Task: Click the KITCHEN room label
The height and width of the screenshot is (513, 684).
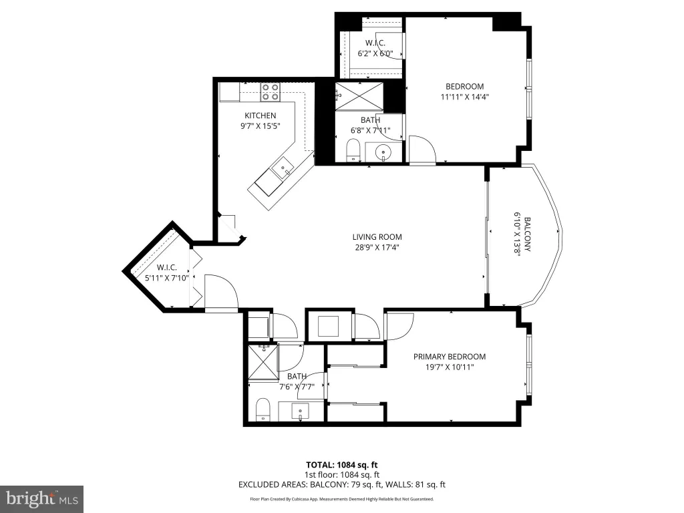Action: (x=260, y=116)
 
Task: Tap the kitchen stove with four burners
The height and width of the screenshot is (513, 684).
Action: (x=270, y=92)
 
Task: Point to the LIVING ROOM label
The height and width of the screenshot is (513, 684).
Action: (x=377, y=237)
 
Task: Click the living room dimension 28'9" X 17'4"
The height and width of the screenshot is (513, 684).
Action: (x=377, y=248)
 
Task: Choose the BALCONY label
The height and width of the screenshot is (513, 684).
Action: (x=527, y=234)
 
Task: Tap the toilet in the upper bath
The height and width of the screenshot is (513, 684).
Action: (x=353, y=150)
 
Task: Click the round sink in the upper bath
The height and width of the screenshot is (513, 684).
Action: (x=383, y=152)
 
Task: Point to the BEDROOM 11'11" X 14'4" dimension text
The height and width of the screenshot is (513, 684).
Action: (x=465, y=98)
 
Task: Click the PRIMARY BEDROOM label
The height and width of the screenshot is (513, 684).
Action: (x=450, y=357)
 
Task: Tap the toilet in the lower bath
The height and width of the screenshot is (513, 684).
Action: (x=263, y=409)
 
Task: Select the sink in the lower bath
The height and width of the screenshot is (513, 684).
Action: (x=300, y=411)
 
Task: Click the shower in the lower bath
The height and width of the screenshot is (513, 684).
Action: (x=263, y=363)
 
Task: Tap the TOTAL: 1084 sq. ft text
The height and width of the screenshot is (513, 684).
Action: (x=341, y=465)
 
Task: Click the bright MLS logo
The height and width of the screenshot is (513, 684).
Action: (x=42, y=499)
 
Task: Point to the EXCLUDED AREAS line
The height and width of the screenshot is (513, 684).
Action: (x=341, y=484)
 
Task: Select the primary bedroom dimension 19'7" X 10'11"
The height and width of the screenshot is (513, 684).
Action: (x=450, y=367)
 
